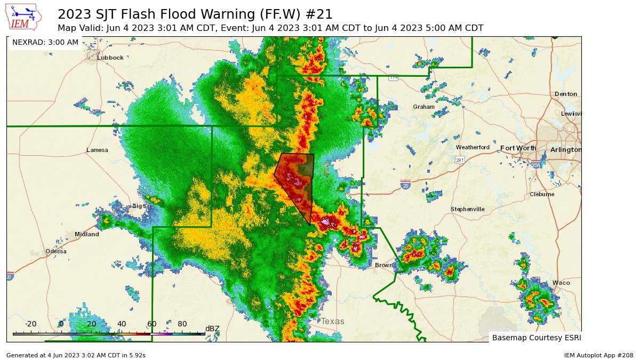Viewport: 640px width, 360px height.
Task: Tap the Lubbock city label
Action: click(x=110, y=58)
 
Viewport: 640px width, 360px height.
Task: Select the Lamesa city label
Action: click(x=97, y=150)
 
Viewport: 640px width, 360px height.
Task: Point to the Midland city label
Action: click(x=86, y=234)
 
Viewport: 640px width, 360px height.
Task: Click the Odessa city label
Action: click(x=56, y=251)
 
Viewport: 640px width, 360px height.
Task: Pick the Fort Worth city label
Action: click(x=518, y=148)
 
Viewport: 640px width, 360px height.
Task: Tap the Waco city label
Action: click(x=561, y=283)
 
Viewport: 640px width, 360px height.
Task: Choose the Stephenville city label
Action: click(x=467, y=209)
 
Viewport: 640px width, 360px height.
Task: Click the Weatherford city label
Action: click(x=472, y=147)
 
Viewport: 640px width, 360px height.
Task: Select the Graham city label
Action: click(x=423, y=107)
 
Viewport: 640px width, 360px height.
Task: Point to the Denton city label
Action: click(x=565, y=94)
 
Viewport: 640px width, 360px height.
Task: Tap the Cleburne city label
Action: click(x=542, y=194)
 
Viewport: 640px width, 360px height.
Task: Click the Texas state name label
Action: click(x=332, y=322)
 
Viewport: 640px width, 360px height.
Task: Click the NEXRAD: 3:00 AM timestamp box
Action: click(x=45, y=42)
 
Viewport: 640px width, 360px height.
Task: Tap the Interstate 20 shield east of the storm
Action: click(x=405, y=185)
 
